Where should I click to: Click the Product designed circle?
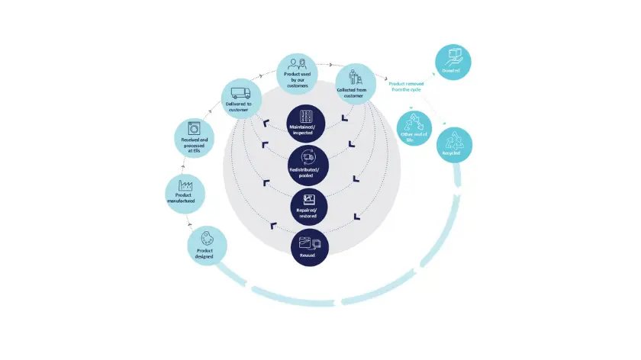(207, 246)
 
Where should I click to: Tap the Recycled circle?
(453, 145)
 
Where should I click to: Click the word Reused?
(308, 256)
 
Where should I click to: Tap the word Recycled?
(452, 153)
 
